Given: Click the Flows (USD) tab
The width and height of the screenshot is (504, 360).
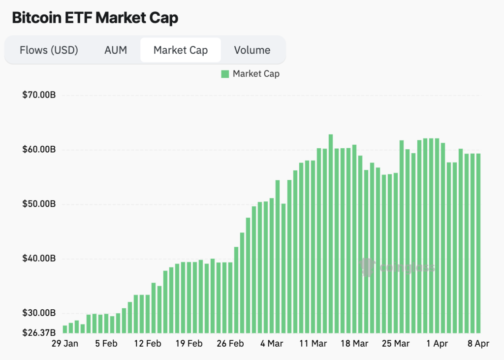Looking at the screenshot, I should pyautogui.click(x=49, y=50).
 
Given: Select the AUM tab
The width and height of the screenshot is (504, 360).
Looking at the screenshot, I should pyautogui.click(x=116, y=50).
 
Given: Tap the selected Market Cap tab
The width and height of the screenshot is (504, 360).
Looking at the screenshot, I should pyautogui.click(x=181, y=50).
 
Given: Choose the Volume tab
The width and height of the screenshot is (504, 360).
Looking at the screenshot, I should pyautogui.click(x=252, y=50).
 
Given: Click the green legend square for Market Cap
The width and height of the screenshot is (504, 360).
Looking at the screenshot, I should pyautogui.click(x=225, y=74).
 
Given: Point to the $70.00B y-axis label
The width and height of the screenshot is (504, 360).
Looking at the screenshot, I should pyautogui.click(x=39, y=95).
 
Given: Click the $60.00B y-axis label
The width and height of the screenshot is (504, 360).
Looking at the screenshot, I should pyautogui.click(x=39, y=150).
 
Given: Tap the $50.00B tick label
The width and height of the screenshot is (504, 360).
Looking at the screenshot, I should pyautogui.click(x=39, y=204).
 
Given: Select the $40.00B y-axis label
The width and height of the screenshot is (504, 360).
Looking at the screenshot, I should pyautogui.click(x=39, y=259).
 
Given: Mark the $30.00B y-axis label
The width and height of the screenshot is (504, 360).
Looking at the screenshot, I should pyautogui.click(x=39, y=313).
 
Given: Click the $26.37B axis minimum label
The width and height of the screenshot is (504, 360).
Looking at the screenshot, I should pyautogui.click(x=39, y=332).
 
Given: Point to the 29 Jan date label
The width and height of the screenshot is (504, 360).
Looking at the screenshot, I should pyautogui.click(x=64, y=344).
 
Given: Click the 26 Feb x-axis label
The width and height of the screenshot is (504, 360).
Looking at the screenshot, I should pyautogui.click(x=230, y=344).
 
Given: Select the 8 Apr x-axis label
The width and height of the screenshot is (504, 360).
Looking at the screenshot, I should pyautogui.click(x=478, y=344).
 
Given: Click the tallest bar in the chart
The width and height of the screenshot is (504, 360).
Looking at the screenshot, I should pyautogui.click(x=331, y=234).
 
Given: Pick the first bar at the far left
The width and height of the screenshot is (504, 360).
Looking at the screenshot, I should pyautogui.click(x=65, y=329).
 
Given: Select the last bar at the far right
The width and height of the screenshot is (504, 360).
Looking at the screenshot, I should pyautogui.click(x=478, y=243).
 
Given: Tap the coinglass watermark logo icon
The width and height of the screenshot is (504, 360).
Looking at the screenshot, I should pyautogui.click(x=367, y=267).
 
